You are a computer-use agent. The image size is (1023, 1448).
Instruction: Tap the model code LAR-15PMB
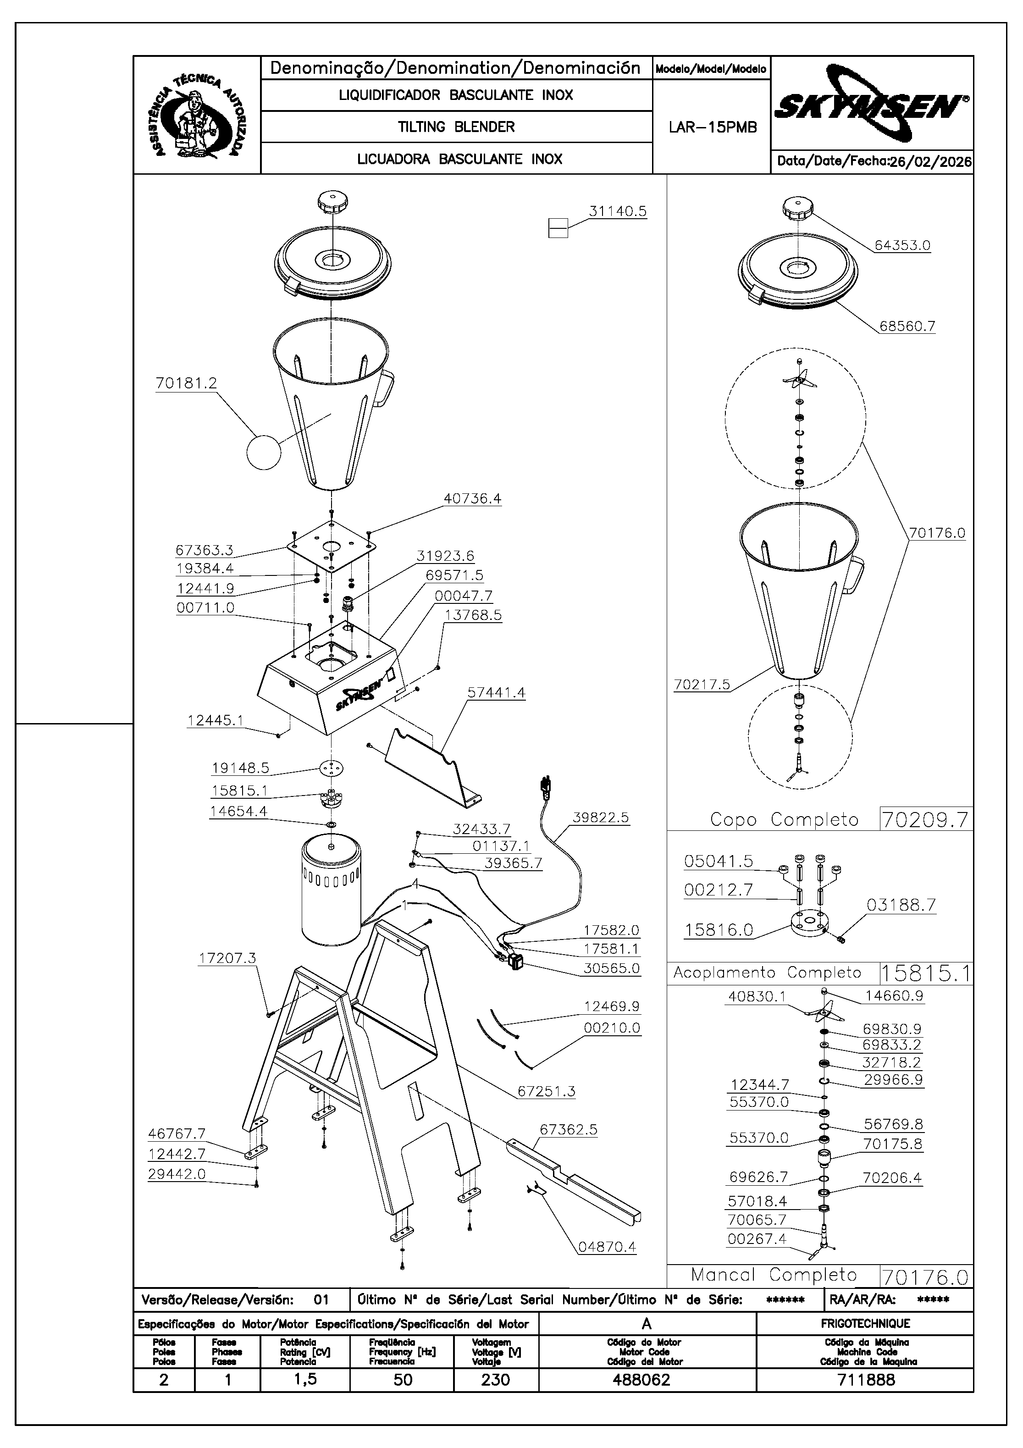[x=712, y=127]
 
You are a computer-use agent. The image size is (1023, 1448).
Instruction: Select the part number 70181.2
[x=186, y=383]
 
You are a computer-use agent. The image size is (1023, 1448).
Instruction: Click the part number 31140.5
[x=618, y=211]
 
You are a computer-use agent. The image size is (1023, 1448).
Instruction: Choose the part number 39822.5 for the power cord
[x=600, y=818]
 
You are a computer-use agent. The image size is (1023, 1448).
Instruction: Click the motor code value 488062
[x=641, y=1379]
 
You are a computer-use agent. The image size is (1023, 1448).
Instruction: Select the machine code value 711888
[x=866, y=1379]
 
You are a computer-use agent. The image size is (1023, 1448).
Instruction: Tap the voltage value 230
[x=495, y=1379]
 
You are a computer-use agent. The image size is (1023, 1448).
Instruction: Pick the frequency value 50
[x=403, y=1379]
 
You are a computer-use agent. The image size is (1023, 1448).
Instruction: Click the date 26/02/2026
[x=929, y=161]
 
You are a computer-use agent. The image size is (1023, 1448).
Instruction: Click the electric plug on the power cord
[x=546, y=788]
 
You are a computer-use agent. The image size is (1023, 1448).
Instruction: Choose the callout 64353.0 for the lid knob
[x=902, y=245]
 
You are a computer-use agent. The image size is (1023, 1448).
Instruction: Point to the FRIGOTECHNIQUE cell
[x=865, y=1324]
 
